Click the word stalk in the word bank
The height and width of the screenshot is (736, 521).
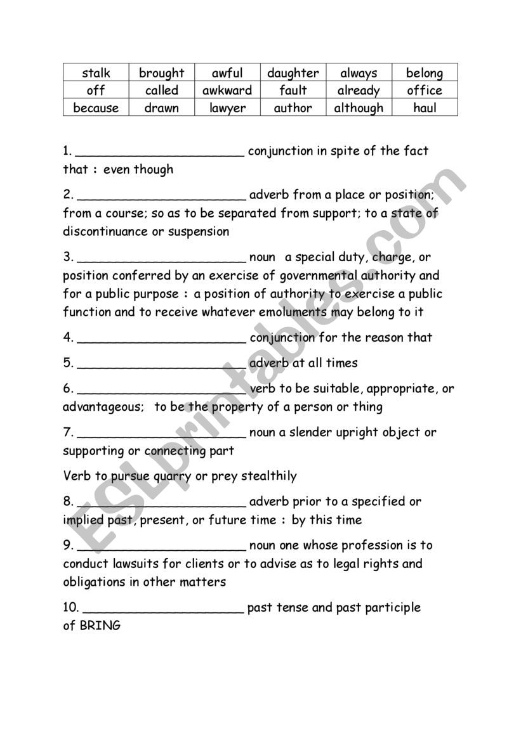[96, 73]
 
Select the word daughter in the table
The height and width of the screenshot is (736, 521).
[293, 73]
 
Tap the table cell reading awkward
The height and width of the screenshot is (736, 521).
[227, 91]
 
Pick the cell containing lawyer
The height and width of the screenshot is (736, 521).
[227, 108]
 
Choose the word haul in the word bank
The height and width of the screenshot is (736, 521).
[425, 108]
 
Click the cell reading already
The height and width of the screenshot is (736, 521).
[359, 91]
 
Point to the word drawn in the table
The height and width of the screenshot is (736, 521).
[161, 108]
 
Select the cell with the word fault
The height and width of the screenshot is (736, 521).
[293, 91]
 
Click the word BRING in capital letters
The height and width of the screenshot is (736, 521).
[100, 626]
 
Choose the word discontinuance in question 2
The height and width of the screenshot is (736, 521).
[105, 231]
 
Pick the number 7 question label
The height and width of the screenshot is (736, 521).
[69, 432]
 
